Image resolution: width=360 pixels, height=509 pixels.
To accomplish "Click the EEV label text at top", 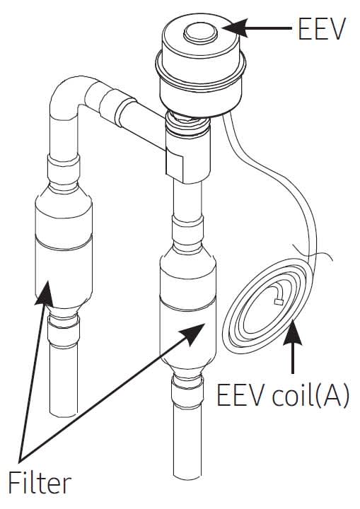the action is tap(320, 29).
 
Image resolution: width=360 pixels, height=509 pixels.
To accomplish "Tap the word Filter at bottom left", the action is tap(40, 484).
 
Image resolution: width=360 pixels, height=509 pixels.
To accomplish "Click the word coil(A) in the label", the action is tap(310, 395).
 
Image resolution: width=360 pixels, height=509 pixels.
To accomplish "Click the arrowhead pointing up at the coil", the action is tap(293, 332).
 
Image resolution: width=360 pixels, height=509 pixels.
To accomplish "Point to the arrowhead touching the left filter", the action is tap(45, 293).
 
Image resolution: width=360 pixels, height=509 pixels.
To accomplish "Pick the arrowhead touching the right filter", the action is tap(192, 334).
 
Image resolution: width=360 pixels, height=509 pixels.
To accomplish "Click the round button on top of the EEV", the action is tap(200, 33).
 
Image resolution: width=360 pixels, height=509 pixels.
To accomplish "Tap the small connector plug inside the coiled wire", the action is tap(279, 302).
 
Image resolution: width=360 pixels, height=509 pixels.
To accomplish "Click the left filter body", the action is tap(64, 247).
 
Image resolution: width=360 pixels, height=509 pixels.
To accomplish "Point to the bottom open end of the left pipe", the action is tap(64, 413).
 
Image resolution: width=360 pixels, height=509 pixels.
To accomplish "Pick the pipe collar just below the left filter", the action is tap(64, 331).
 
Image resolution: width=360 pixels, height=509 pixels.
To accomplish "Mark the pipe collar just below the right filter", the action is tap(187, 390).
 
